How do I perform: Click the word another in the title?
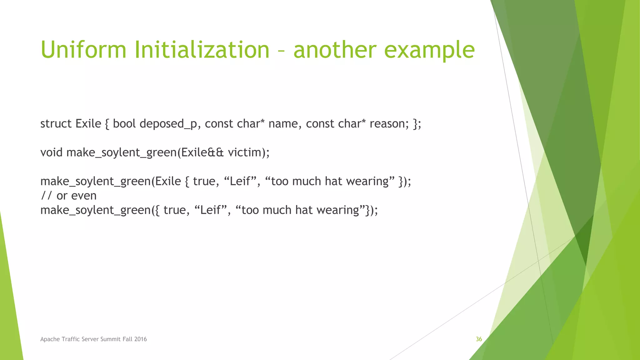[335, 50]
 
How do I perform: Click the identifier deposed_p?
[170, 124]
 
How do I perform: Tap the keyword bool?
[124, 124]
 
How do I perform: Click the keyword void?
[51, 152]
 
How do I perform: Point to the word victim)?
[248, 152]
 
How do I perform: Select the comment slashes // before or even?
[47, 196]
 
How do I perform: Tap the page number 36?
[479, 339]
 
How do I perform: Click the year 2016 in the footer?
[141, 339]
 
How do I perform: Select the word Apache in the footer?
[50, 339]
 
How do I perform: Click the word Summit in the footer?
[110, 339]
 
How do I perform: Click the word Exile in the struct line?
[88, 124]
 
